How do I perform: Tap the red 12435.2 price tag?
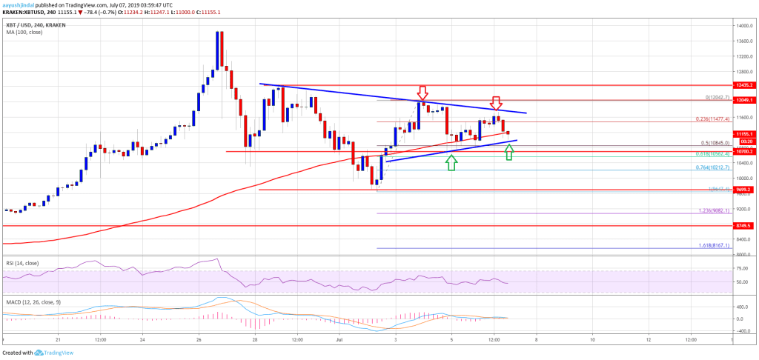click(743, 86)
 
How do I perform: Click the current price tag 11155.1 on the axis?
click(743, 134)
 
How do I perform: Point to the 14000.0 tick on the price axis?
click(742, 26)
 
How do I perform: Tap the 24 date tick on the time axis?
click(143, 340)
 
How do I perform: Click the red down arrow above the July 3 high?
click(422, 93)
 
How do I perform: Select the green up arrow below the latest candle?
click(508, 153)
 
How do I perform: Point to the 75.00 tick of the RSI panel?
click(741, 268)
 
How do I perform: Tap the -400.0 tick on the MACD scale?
click(742, 331)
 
